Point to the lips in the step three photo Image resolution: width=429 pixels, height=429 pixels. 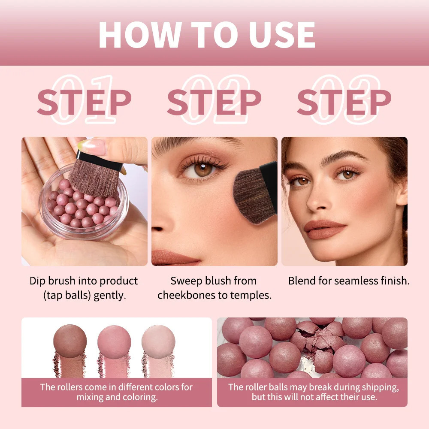point(325,230)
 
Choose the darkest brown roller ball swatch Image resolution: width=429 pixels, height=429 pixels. point(70,341)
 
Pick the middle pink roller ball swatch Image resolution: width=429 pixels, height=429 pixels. point(114,341)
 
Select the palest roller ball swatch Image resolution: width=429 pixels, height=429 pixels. point(158,341)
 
